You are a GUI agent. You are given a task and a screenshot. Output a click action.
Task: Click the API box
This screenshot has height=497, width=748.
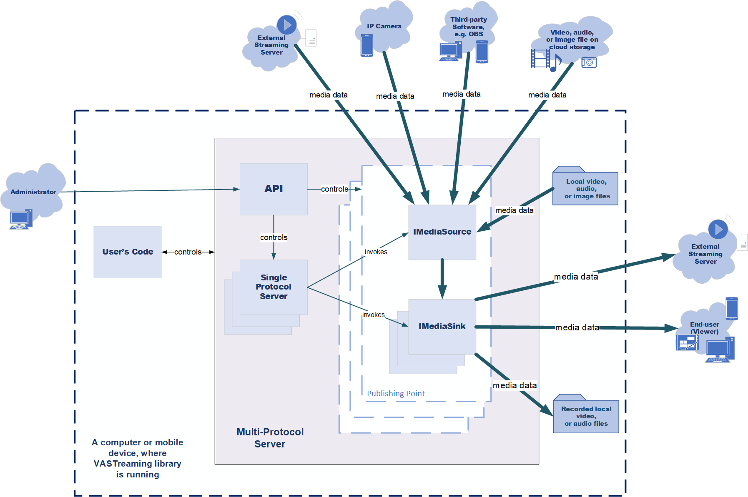274,189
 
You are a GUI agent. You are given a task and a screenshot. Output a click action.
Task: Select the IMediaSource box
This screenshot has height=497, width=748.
442,232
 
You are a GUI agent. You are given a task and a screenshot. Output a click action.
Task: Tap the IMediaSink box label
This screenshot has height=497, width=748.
442,326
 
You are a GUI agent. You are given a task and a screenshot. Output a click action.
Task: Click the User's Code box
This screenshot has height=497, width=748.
128,252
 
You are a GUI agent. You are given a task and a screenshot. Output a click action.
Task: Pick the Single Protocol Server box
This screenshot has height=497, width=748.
274,287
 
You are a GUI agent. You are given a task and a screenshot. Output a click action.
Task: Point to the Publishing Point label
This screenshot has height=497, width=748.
396,393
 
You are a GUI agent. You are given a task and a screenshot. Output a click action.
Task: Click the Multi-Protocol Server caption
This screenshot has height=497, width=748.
270,438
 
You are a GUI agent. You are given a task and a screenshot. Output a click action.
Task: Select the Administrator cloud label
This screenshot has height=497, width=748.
33,192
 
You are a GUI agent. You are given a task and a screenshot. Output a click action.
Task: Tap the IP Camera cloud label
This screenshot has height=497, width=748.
384,26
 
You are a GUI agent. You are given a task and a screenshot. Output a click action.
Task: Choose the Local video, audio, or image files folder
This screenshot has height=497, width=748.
585,186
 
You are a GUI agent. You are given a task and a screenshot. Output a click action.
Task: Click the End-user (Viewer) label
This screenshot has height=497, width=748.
704,328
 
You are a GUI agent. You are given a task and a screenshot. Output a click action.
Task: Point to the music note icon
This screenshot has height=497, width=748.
556,63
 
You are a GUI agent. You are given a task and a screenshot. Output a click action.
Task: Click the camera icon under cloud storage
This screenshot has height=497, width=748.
589,62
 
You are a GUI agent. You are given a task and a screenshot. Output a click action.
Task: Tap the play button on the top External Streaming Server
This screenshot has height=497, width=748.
287,25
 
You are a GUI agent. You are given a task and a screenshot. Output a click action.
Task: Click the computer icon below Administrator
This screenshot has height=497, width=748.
21,219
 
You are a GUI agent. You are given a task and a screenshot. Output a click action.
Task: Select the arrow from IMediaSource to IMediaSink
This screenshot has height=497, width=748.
442,279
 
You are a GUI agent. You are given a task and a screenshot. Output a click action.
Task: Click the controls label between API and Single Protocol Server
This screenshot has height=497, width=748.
274,237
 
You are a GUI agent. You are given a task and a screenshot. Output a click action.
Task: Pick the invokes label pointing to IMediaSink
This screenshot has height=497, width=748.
373,315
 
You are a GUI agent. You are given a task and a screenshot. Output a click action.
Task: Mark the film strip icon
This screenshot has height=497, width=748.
540,58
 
